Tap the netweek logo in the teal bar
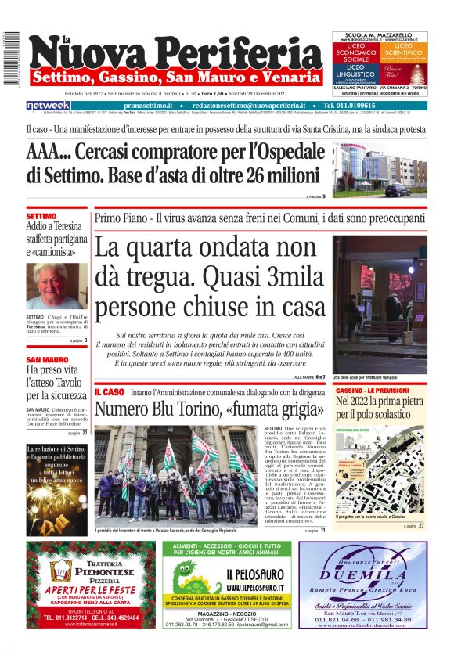click(x=49, y=105)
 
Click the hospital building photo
click(x=379, y=170)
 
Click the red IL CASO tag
click(x=109, y=391)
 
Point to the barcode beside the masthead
click(x=9, y=59)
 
